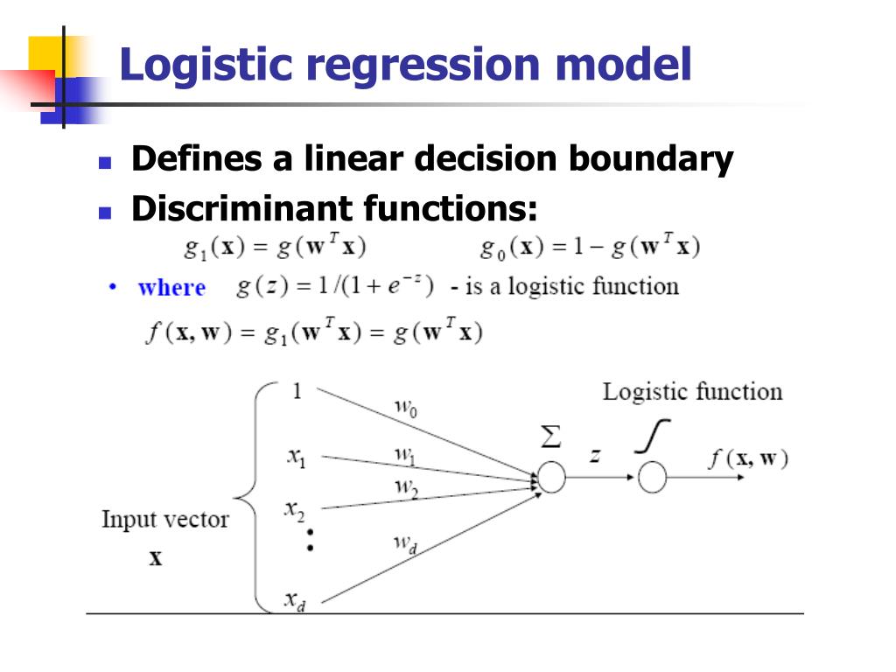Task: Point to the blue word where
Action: click(x=171, y=288)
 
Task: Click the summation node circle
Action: click(x=551, y=478)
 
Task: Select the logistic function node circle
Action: click(x=652, y=478)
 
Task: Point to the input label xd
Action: click(x=295, y=600)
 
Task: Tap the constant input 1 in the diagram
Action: click(x=297, y=391)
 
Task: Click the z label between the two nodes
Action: click(x=594, y=455)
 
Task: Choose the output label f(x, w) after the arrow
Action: click(x=748, y=458)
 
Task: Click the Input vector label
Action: click(x=164, y=519)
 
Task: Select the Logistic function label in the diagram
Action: click(x=692, y=391)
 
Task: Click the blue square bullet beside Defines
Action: click(x=105, y=163)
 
